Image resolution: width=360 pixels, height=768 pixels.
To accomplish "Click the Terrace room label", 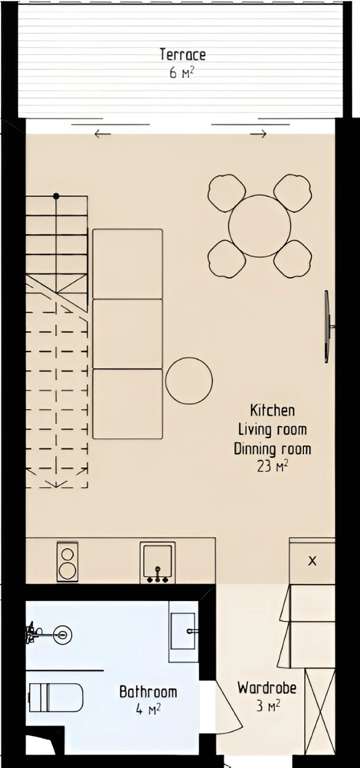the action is tap(183, 55).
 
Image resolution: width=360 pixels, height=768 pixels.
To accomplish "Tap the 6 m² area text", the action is tap(183, 73).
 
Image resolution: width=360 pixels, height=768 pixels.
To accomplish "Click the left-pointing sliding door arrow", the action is tap(103, 134).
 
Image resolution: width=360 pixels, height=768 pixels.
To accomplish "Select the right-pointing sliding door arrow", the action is tap(258, 134).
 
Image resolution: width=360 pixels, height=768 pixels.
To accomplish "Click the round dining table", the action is tap(260, 226).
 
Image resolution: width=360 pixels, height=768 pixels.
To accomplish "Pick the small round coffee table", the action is tap(189, 381).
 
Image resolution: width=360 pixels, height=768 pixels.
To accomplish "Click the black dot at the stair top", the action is tap(56, 196).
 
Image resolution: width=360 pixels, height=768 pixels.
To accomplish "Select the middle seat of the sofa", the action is tap(128, 334).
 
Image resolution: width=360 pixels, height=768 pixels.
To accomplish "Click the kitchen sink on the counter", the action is tap(158, 562).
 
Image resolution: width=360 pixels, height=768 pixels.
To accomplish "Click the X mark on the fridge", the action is tap(312, 561).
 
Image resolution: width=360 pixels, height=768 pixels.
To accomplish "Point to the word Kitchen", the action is tap(272, 410).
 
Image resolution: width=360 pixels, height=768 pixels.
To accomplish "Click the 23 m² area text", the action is tap(272, 466).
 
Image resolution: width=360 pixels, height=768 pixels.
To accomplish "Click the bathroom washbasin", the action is tap(183, 631).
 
